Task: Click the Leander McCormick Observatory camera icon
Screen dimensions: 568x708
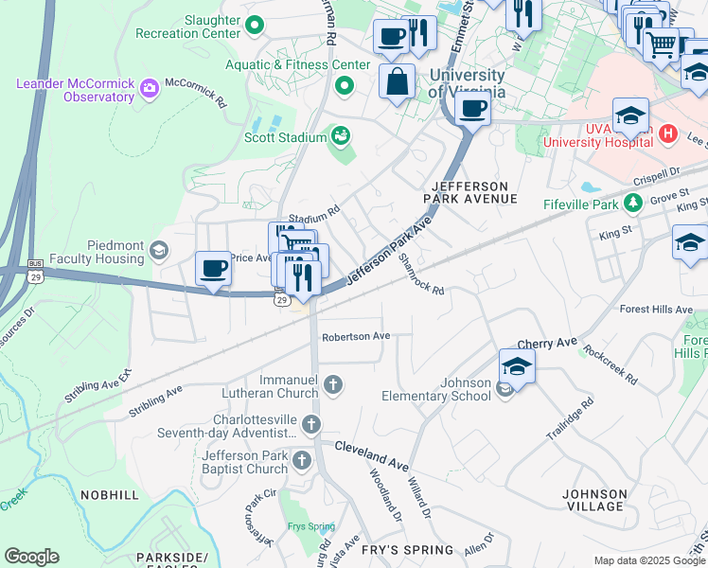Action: [149, 90]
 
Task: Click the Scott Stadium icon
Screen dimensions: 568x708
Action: [340, 137]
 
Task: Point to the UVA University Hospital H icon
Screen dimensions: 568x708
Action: [668, 134]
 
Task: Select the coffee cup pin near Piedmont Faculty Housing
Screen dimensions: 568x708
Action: [213, 268]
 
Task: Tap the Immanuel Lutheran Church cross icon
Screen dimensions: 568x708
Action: [331, 384]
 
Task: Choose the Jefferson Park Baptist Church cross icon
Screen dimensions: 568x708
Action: [301, 461]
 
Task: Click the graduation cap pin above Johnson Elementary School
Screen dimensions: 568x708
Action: [518, 365]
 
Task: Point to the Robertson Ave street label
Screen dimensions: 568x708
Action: [356, 336]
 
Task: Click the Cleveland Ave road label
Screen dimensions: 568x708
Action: [369, 451]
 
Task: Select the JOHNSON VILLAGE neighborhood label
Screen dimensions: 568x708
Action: [594, 500]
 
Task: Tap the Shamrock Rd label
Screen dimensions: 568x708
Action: [422, 275]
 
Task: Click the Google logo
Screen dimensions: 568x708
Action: [31, 557]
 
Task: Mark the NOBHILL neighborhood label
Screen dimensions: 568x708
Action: [110, 495]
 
